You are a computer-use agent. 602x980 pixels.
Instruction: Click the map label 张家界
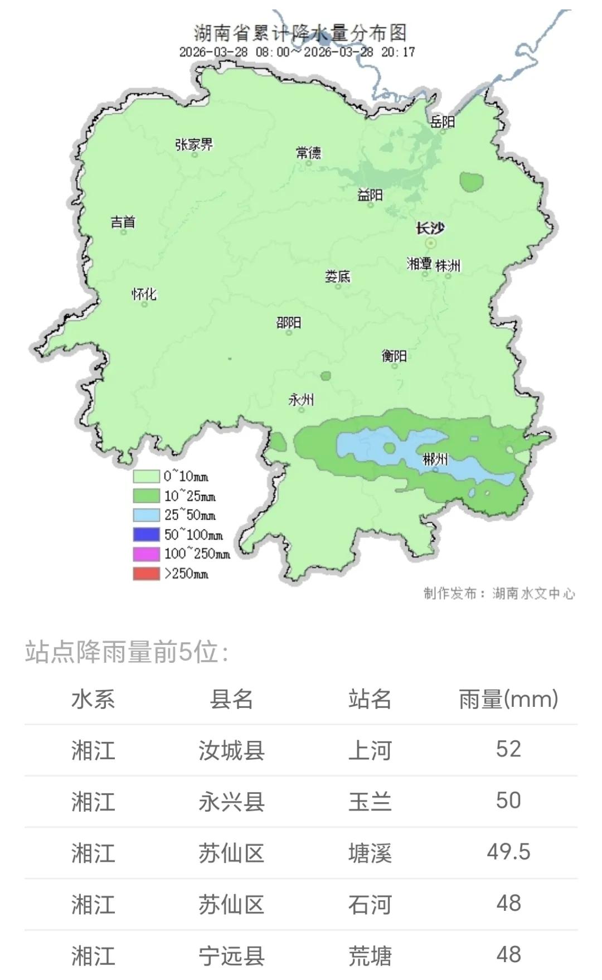tap(194, 144)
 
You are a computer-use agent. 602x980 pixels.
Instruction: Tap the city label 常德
tap(308, 152)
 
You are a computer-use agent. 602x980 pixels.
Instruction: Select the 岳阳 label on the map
tap(443, 121)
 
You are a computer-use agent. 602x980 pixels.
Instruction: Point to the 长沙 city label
tap(430, 228)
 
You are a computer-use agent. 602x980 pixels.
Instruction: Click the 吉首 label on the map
tap(123, 222)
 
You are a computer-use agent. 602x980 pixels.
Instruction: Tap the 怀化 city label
tap(144, 294)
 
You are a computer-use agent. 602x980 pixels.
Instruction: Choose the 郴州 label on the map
tap(435, 459)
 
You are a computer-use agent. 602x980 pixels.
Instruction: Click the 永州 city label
tap(301, 399)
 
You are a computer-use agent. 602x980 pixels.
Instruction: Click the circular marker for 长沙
tap(431, 243)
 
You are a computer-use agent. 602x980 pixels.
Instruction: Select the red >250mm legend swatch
tap(146, 574)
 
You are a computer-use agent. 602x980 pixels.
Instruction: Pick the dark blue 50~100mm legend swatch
tap(146, 535)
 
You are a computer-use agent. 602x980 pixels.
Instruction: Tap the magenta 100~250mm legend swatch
tap(146, 554)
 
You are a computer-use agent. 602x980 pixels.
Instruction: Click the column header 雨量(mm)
tap(508, 699)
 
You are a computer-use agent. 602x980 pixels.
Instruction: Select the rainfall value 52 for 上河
tap(508, 749)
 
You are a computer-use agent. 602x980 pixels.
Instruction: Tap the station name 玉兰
tap(370, 802)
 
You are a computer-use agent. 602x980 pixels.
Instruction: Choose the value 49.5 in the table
tap(508, 852)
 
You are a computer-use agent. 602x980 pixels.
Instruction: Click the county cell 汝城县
tap(231, 750)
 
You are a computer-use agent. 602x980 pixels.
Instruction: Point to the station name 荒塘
tap(370, 955)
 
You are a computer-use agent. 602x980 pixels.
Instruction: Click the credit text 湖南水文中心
tap(533, 594)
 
